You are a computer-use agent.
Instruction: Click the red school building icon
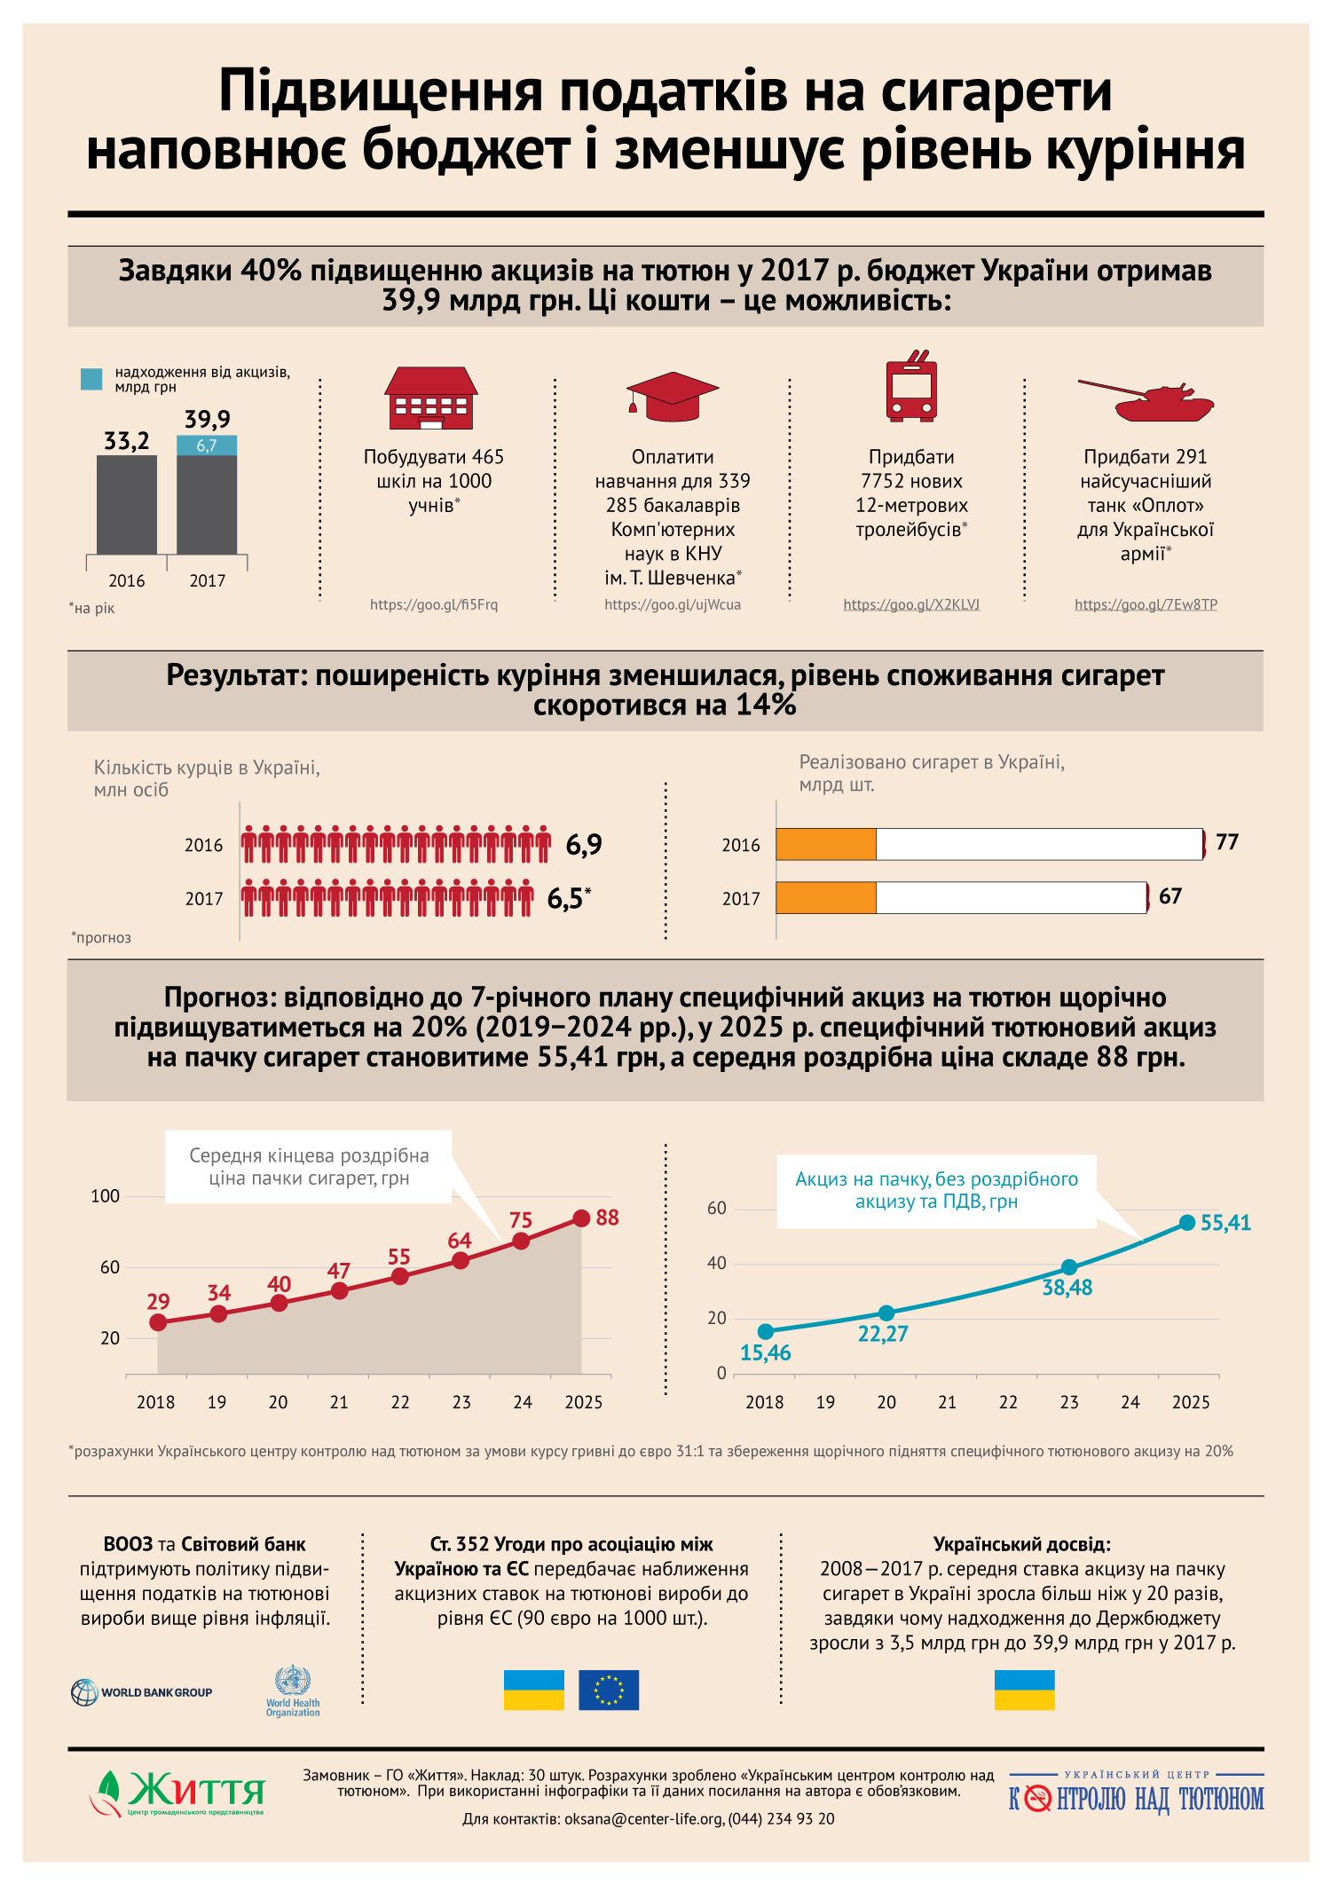point(431,398)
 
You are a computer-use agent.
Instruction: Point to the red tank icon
point(1146,400)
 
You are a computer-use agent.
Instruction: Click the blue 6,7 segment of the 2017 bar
point(207,445)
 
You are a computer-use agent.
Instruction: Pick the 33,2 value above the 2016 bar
point(127,441)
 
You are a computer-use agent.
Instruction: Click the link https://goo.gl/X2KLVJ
point(911,604)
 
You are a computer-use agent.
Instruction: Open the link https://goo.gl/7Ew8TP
point(1146,604)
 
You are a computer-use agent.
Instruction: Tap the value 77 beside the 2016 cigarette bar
point(1227,842)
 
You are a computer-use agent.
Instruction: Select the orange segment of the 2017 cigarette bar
point(826,897)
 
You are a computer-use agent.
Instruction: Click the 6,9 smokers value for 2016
point(584,845)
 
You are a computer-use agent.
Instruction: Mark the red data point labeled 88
point(581,1218)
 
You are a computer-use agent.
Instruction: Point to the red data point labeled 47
point(339,1290)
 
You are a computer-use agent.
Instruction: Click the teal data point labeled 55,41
point(1187,1223)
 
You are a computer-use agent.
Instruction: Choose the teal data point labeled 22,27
point(886,1313)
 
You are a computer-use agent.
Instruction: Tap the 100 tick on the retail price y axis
point(106,1196)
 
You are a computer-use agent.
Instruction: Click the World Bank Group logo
point(142,1692)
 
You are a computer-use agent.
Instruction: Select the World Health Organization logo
point(293,1691)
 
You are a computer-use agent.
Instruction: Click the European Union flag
point(609,1690)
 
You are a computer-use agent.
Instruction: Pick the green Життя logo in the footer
point(177,1793)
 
